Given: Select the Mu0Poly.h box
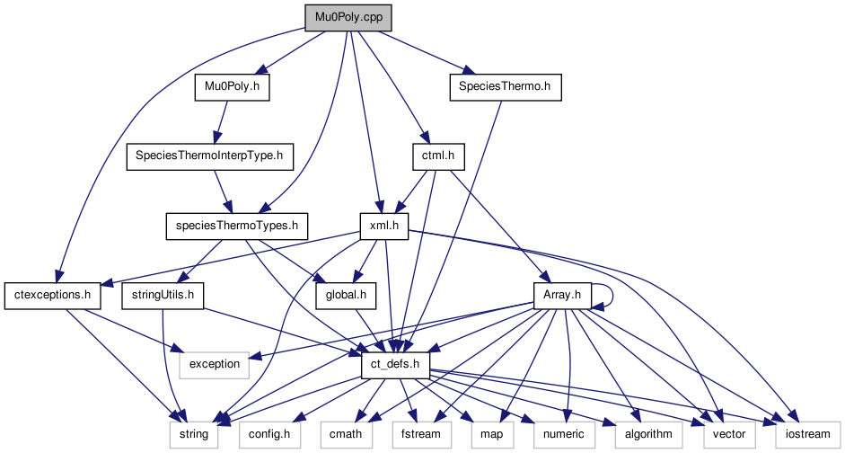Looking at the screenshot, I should pyautogui.click(x=232, y=87).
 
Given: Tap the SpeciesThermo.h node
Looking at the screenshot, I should pyautogui.click(x=504, y=87).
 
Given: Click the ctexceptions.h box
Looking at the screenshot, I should pyautogui.click(x=54, y=294).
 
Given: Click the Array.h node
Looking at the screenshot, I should pyautogui.click(x=562, y=294).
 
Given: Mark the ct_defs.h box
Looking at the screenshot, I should pyautogui.click(x=395, y=364).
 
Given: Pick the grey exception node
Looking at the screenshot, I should pyautogui.click(x=213, y=364).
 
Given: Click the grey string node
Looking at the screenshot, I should pyautogui.click(x=194, y=433).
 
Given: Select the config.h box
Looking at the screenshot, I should pyautogui.click(x=267, y=433).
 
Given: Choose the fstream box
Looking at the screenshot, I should pyautogui.click(x=415, y=433).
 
